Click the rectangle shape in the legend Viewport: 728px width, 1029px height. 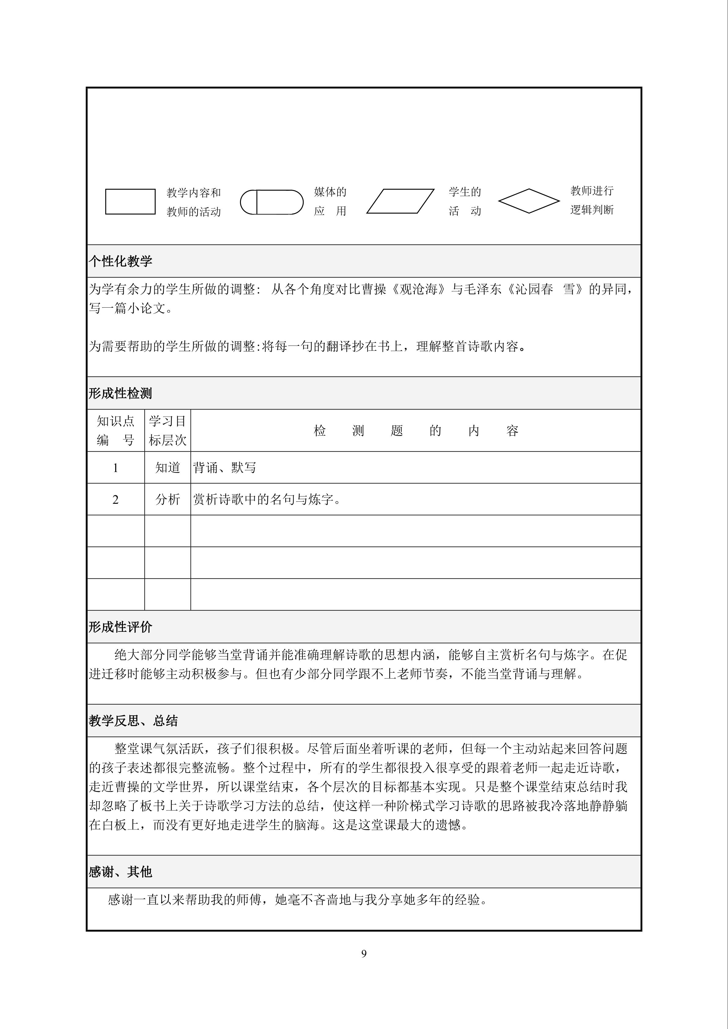click(130, 202)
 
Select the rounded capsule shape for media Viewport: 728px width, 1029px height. click(272, 202)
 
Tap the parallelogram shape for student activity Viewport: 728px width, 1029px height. click(400, 201)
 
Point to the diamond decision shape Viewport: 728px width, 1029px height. click(529, 201)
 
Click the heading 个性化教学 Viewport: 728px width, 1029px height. click(120, 261)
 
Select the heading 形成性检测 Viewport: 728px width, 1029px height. click(120, 394)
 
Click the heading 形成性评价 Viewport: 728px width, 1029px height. click(120, 627)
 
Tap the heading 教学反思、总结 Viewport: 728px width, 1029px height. click(133, 721)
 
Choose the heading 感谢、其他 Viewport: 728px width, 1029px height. click(120, 872)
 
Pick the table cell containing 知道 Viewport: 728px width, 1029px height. click(167, 468)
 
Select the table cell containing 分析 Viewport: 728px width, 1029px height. click(167, 499)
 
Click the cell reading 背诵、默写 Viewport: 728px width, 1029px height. click(225, 468)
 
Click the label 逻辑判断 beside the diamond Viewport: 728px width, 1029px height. click(592, 210)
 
